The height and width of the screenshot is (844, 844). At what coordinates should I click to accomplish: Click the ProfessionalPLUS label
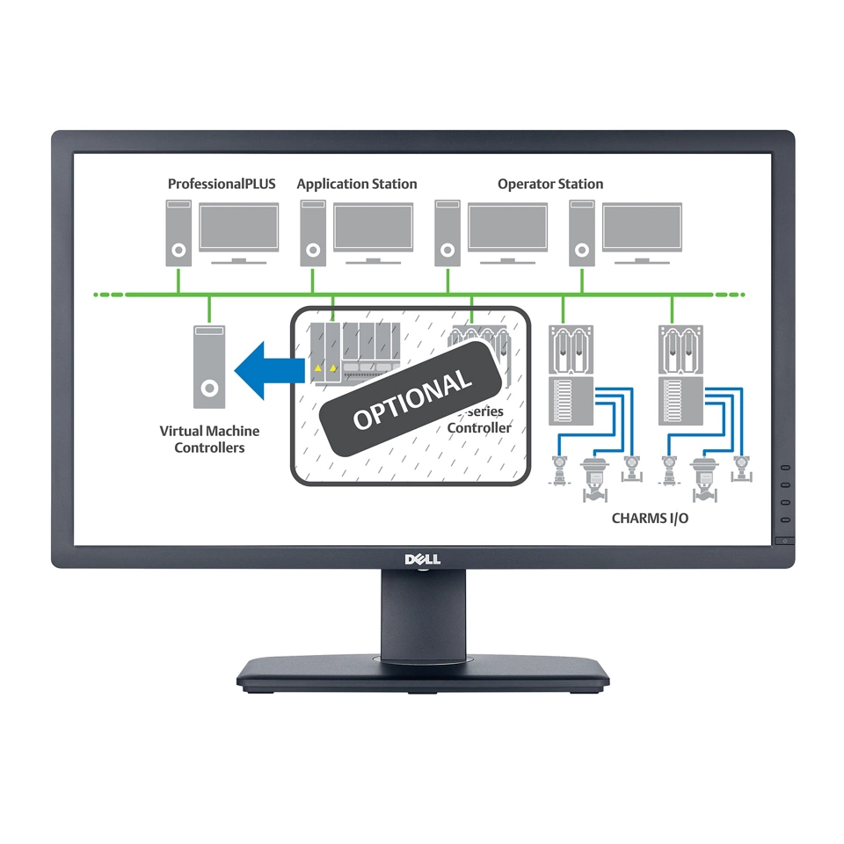[x=222, y=184]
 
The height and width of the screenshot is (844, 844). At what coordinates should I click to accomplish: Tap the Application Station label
[x=357, y=184]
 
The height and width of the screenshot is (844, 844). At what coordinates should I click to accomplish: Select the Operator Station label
[x=550, y=184]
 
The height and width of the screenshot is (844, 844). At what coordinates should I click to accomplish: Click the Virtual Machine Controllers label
[x=209, y=440]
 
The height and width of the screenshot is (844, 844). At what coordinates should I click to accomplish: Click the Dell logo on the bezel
[x=422, y=558]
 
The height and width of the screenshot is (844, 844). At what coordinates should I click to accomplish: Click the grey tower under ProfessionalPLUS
[x=179, y=233]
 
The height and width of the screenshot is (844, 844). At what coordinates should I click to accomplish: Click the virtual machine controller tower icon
[x=209, y=367]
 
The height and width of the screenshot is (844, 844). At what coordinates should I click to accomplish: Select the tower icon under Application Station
[x=313, y=233]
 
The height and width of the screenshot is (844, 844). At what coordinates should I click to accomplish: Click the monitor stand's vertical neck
[x=422, y=611]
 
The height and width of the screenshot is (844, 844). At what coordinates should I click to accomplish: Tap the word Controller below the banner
[x=479, y=428]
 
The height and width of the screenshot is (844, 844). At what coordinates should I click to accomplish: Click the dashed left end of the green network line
[x=110, y=294]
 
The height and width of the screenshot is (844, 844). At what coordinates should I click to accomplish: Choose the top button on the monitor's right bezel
[x=784, y=469]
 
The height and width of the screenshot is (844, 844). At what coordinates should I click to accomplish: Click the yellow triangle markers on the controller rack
[x=326, y=368]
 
